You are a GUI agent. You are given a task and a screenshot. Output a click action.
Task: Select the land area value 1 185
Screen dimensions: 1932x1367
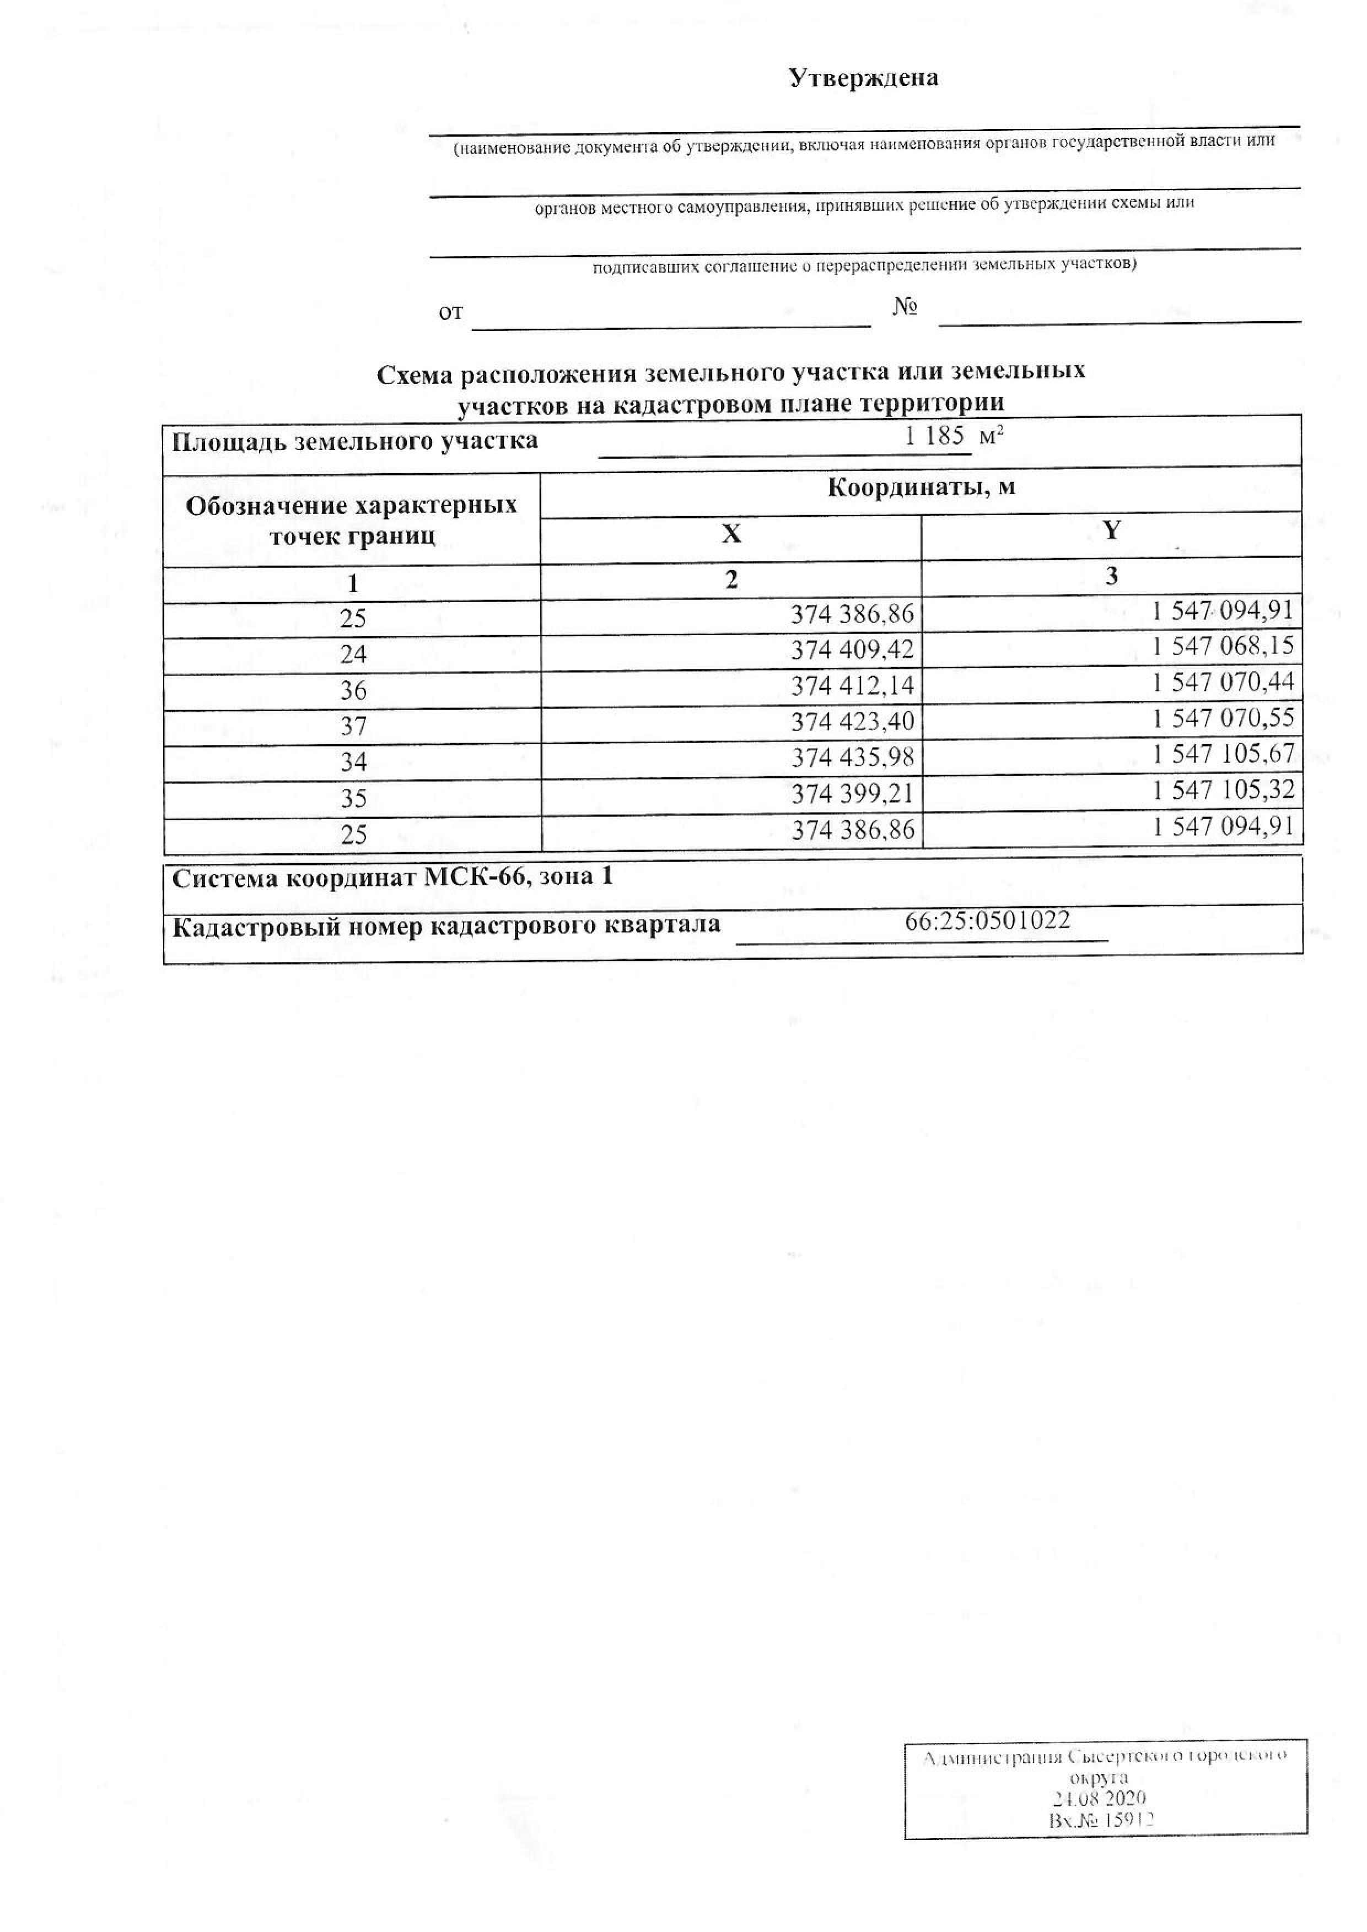934,437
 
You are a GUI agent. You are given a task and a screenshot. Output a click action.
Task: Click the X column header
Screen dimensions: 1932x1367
731,534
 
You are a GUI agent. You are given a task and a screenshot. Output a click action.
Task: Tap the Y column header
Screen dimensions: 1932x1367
1111,530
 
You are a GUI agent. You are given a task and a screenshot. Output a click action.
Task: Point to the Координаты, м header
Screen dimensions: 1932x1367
921,488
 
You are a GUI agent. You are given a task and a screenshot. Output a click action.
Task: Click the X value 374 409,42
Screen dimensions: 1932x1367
852,650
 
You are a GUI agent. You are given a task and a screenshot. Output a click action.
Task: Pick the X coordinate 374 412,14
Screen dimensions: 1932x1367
852,686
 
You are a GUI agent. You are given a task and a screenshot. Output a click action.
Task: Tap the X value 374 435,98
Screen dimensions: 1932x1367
852,757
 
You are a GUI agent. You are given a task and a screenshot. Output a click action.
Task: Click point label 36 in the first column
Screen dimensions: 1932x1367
353,690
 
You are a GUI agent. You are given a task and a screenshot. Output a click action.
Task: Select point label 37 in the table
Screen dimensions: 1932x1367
353,726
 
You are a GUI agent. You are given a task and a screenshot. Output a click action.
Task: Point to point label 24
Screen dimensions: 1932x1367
353,654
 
